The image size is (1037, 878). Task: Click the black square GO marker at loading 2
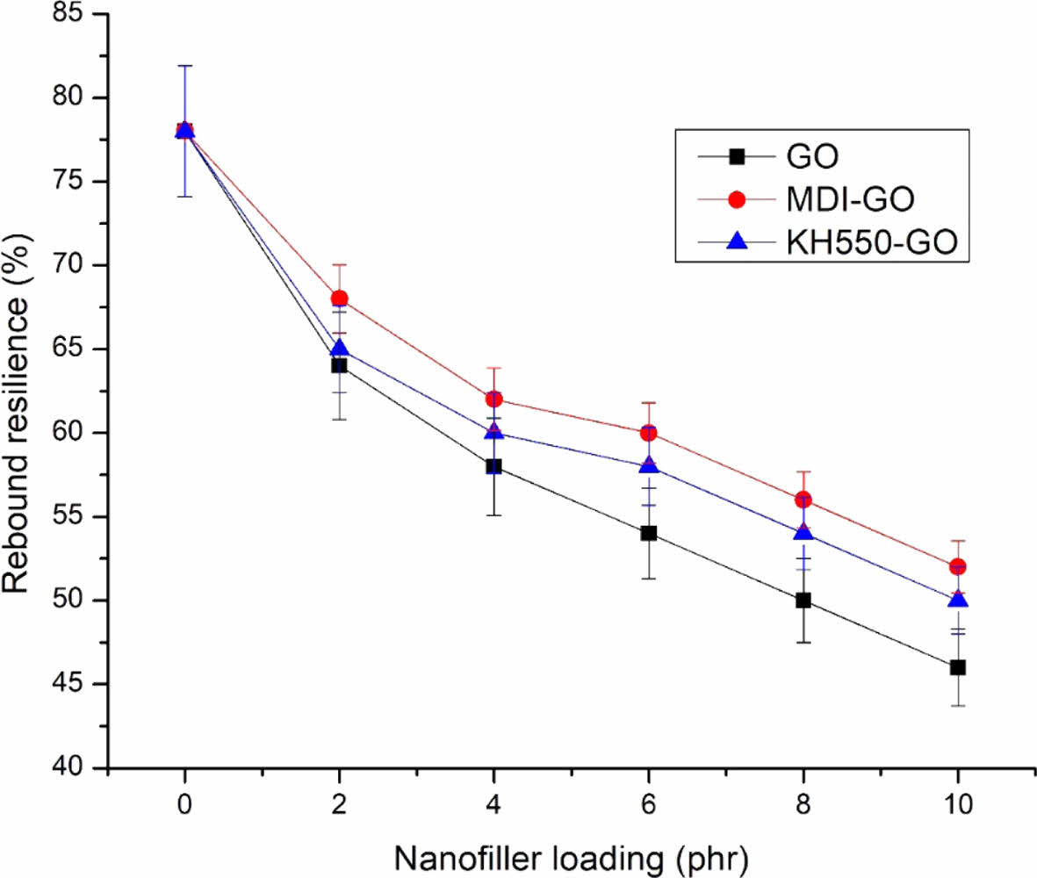click(x=339, y=365)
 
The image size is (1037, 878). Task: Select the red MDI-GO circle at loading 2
click(x=339, y=299)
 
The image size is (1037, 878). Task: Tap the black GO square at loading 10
click(x=958, y=667)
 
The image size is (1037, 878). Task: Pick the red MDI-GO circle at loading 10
click(x=958, y=566)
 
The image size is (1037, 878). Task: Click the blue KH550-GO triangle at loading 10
click(x=958, y=599)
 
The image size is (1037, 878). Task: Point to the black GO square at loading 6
click(x=649, y=533)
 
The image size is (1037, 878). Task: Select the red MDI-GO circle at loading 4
click(x=493, y=399)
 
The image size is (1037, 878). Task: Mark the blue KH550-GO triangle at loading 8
click(x=803, y=532)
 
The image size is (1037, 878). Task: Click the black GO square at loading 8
click(x=803, y=601)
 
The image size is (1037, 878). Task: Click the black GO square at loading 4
click(x=493, y=466)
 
